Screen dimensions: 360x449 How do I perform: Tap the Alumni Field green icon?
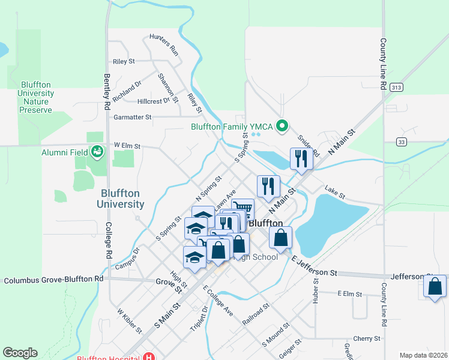pyautogui.click(x=96, y=152)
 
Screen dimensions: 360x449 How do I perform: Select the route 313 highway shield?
pyautogui.click(x=395, y=87)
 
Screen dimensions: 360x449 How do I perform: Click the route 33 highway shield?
pyautogui.click(x=402, y=142)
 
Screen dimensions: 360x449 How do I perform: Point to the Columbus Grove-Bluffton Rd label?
pyautogui.click(x=54, y=280)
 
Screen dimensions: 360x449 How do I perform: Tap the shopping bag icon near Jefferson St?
pyautogui.click(x=435, y=286)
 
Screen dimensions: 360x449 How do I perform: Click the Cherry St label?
pyautogui.click(x=367, y=339)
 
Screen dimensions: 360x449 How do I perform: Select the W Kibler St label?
pyautogui.click(x=129, y=321)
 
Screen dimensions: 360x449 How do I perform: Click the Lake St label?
pyautogui.click(x=335, y=193)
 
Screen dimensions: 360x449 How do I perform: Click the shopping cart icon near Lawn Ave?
pyautogui.click(x=242, y=209)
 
